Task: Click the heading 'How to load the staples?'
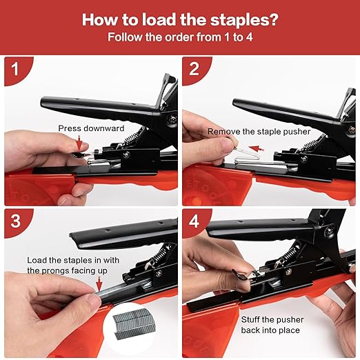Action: pyautogui.click(x=179, y=18)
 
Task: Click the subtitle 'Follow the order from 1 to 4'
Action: pyautogui.click(x=179, y=36)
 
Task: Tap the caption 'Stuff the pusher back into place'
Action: pyautogui.click(x=272, y=325)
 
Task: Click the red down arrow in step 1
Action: pyautogui.click(x=81, y=142)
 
